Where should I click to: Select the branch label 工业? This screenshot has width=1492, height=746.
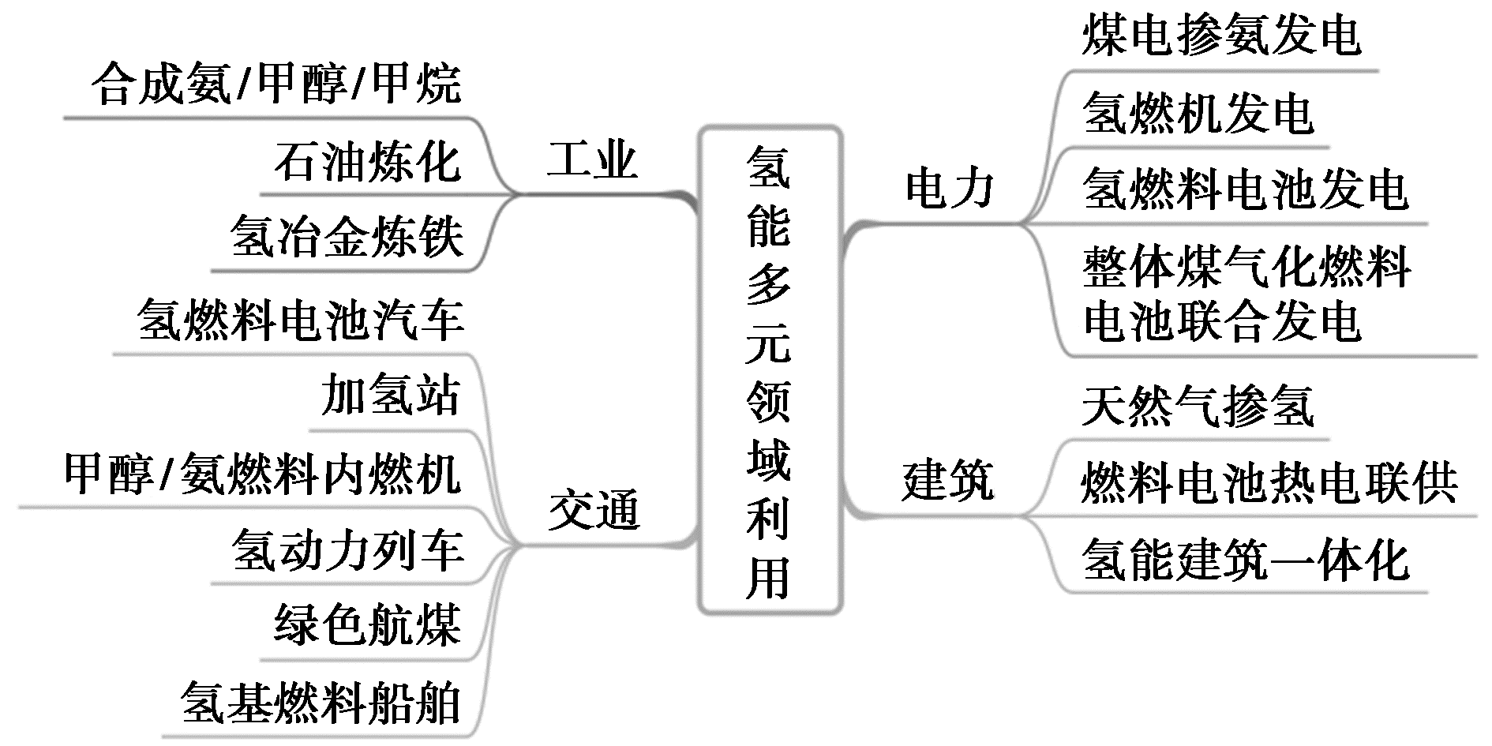point(592,160)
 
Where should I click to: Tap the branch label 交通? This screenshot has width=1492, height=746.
point(594,510)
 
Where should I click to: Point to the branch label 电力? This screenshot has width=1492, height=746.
point(950,189)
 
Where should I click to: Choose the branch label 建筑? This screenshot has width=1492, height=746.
point(948,481)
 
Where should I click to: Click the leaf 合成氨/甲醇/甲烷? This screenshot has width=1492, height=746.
point(276,84)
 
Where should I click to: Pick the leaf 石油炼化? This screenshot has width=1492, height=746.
point(368,162)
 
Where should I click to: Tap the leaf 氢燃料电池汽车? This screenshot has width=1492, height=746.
point(300,321)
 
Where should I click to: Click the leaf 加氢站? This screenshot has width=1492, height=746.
point(391,395)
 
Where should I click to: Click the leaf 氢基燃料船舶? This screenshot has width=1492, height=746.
point(321,703)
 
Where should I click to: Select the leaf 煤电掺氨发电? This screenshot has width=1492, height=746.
point(1221,36)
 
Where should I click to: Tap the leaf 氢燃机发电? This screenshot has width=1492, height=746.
point(1198,113)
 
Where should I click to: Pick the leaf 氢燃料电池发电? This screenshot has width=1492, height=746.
point(1246,189)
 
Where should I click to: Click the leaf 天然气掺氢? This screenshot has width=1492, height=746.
point(1198,407)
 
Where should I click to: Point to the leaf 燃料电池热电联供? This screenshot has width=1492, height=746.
point(1269,482)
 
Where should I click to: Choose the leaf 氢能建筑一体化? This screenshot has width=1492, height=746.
point(1246,560)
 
